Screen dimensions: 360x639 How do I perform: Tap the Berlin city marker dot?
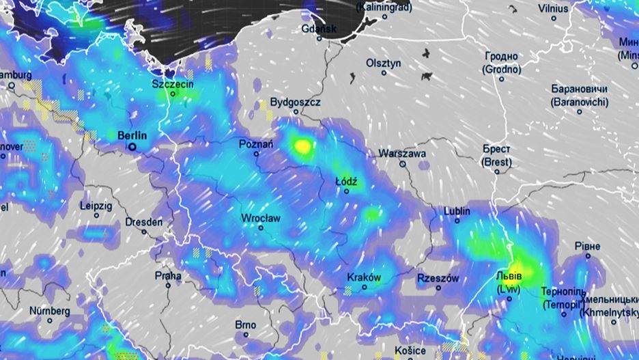[132, 146]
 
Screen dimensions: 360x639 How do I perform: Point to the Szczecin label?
[173, 84]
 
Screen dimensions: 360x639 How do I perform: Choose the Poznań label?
[256, 144]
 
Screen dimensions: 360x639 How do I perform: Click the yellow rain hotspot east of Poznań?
[301, 146]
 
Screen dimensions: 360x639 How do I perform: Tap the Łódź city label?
[346, 182]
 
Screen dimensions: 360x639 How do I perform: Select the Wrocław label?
[261, 218]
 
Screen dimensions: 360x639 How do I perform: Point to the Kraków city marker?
[365, 287]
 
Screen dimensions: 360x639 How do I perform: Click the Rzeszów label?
[438, 279]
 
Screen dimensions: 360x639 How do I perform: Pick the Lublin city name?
[457, 211]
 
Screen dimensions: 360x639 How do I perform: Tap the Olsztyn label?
[384, 63]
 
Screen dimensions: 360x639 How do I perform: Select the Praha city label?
[168, 276]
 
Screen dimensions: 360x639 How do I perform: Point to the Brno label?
[245, 324]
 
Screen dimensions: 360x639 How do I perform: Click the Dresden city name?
[144, 222]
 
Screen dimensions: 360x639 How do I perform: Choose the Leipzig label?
[96, 206]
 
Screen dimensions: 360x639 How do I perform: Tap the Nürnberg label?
[49, 311]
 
